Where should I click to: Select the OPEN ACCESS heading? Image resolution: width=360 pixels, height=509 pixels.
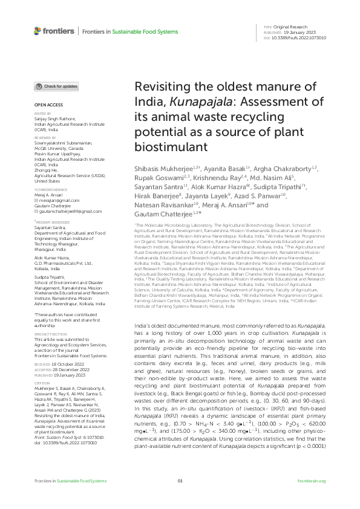coord(46,105)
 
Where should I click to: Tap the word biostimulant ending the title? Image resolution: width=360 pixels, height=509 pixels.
coord(162,146)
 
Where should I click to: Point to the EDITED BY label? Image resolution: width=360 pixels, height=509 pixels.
coord(42,113)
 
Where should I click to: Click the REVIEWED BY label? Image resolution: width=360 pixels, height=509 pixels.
coord(44,137)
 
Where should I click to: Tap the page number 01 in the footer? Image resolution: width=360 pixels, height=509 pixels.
coord(180,498)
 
